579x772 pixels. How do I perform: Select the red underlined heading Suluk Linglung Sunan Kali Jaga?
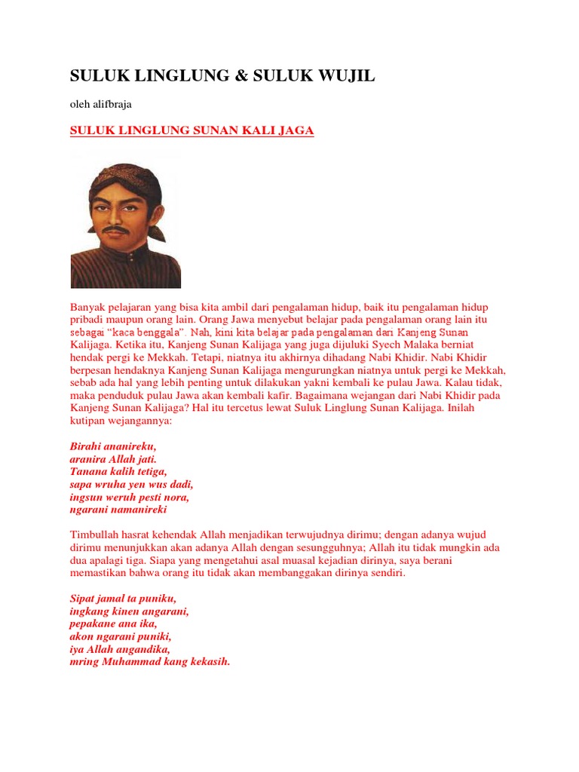[x=191, y=131]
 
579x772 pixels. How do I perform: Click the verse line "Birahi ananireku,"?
[x=113, y=446]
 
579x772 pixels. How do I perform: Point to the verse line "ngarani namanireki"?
[x=118, y=510]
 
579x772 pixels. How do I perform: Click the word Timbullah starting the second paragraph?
[x=93, y=535]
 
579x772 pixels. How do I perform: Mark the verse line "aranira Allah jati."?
[x=113, y=458]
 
